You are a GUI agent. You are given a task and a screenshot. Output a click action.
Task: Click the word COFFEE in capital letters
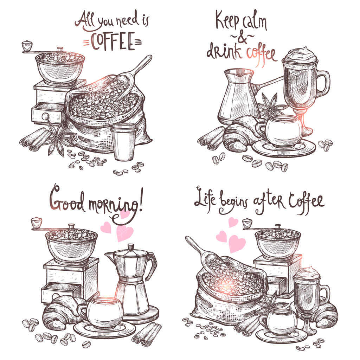pos(112,41)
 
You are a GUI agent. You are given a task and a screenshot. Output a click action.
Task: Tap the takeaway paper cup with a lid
pos(124,141)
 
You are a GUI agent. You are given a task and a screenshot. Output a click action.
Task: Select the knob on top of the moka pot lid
pos(131,248)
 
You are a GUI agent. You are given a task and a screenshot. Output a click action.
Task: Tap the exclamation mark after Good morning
pos(141,199)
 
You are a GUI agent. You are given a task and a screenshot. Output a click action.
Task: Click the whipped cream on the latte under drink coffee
pos(300,55)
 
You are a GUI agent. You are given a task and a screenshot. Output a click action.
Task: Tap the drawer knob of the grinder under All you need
pos(45,116)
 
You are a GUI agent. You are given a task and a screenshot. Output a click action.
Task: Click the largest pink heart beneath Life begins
pos(237,243)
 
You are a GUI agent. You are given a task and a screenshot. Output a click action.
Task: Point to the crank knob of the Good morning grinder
pos(36,222)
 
